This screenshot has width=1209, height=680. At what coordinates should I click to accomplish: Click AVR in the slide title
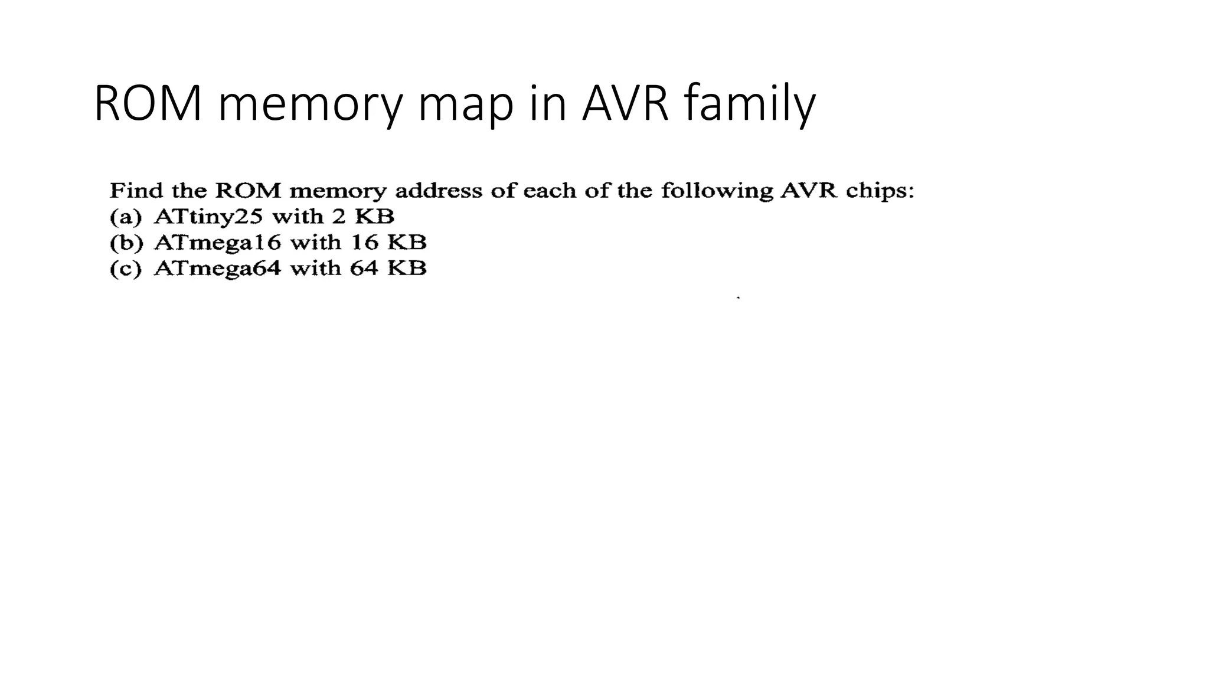[x=625, y=104]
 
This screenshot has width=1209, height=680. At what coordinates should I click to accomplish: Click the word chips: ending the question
[x=880, y=191]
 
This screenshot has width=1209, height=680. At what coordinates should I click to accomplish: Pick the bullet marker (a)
[x=126, y=217]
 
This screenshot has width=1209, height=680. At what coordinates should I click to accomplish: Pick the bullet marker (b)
[x=126, y=243]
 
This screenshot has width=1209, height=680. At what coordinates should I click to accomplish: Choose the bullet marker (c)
[x=126, y=269]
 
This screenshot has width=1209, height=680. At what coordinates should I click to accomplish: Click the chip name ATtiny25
[x=207, y=217]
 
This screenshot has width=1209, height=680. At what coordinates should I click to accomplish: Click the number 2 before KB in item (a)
[x=338, y=217]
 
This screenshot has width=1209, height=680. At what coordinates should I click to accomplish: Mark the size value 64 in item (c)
[x=364, y=269]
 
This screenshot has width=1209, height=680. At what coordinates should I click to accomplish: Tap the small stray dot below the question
[x=739, y=298]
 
